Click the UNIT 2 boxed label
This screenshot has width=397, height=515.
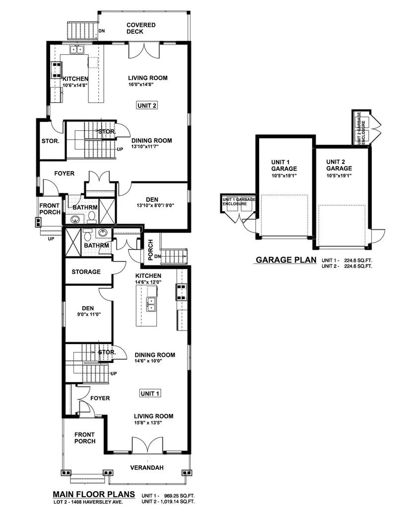tap(146, 105)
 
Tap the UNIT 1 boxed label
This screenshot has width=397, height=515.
tap(149, 393)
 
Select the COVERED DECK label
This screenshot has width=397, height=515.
tap(141, 28)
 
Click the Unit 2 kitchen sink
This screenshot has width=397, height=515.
tap(77, 49)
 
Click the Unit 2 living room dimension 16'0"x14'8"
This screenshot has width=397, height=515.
tap(140, 85)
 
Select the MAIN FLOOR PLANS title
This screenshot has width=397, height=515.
tap(94, 494)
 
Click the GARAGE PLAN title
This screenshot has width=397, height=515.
tap(285, 260)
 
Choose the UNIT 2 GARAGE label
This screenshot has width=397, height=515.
tap(339, 165)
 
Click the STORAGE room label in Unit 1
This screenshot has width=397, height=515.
tap(86, 272)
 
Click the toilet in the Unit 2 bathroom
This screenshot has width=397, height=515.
tap(92, 216)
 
